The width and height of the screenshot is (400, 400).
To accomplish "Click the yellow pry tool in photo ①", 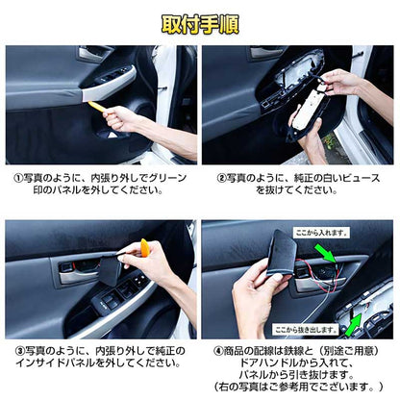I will pyautogui.click(x=97, y=105).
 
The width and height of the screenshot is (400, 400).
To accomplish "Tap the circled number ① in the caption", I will pyautogui.click(x=16, y=178).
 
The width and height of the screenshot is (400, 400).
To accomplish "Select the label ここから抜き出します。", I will pyautogui.click(x=312, y=328).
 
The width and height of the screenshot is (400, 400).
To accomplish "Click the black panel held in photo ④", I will pyautogui.click(x=282, y=256).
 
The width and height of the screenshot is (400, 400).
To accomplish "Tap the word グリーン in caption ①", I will pyautogui.click(x=168, y=178).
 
